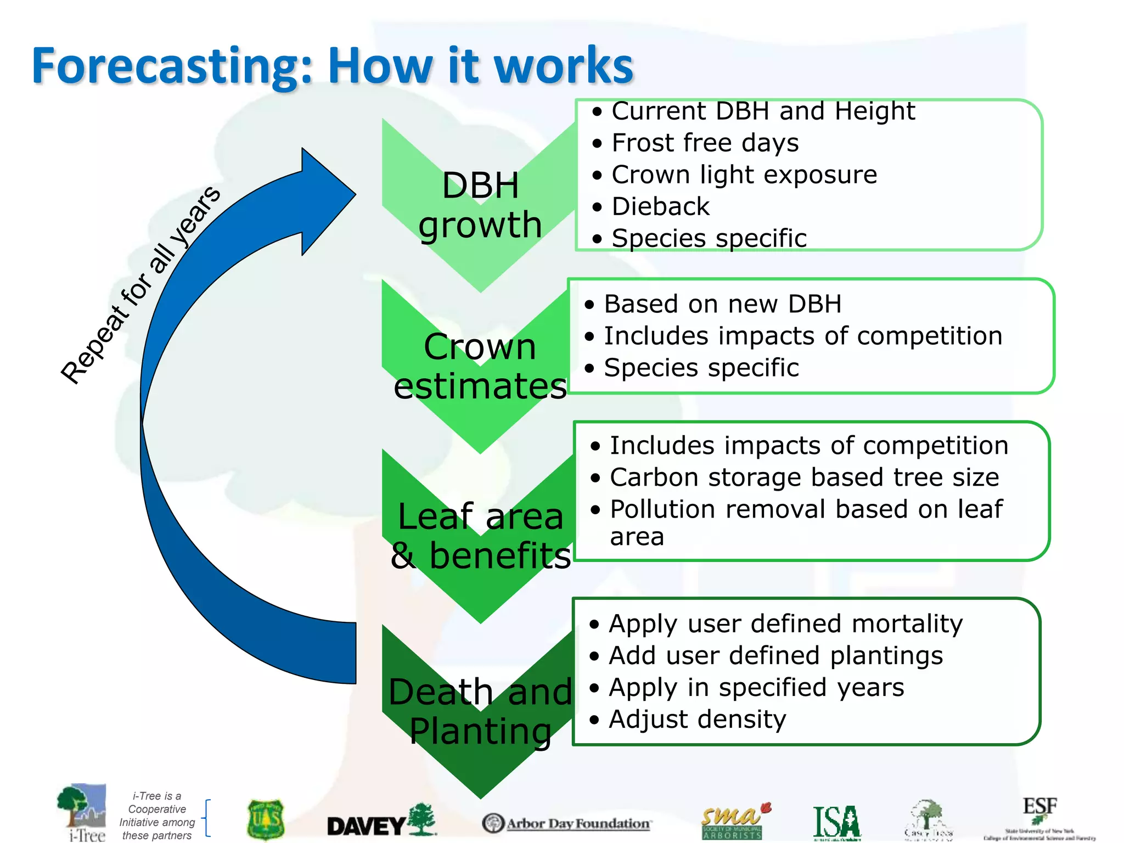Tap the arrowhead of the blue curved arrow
pyautogui.click(x=327, y=198)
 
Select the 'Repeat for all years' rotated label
pyautogui.click(x=140, y=285)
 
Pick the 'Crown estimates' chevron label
pyautogui.click(x=480, y=366)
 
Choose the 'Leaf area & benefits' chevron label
pyautogui.click(x=480, y=536)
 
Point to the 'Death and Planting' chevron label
pyautogui.click(x=480, y=711)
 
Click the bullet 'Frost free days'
pyautogui.click(x=705, y=143)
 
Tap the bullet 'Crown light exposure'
pyautogui.click(x=744, y=175)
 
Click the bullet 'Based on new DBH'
pyautogui.click(x=722, y=304)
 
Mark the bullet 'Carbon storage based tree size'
pyautogui.click(x=804, y=477)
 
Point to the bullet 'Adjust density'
pyautogui.click(x=697, y=720)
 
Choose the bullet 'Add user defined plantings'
pyautogui.click(x=775, y=656)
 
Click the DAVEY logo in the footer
pyautogui.click(x=381, y=821)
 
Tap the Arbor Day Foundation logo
pyautogui.click(x=566, y=823)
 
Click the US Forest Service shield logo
pyautogui.click(x=266, y=819)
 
